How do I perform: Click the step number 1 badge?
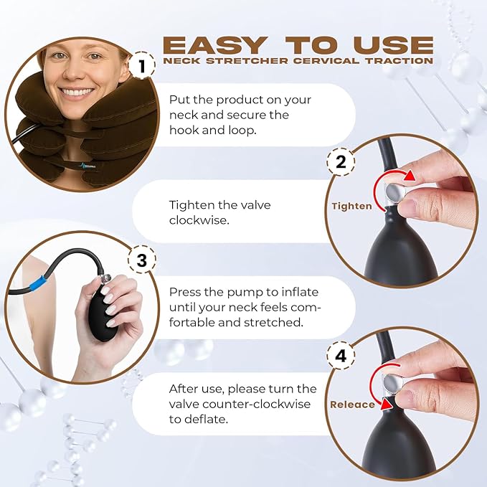142,65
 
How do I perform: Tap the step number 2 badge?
341,162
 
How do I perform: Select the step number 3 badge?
142,260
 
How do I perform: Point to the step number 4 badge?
341,355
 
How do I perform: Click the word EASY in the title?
215,45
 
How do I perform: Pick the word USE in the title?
393,45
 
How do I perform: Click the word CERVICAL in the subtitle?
326,60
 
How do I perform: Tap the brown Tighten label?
351,207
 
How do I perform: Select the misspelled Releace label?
352,405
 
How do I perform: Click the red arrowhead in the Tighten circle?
410,176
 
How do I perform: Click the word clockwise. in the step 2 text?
199,220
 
